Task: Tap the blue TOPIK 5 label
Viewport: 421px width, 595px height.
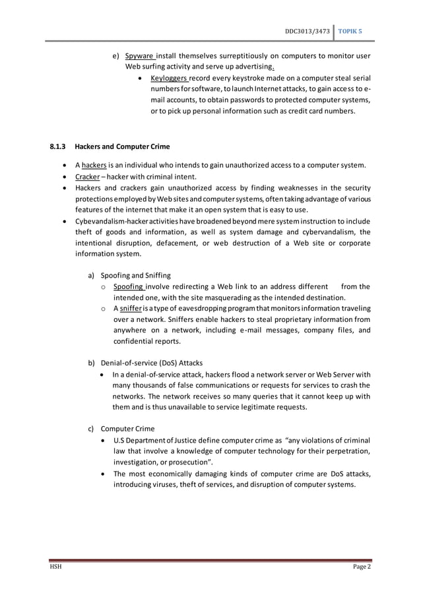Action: point(354,32)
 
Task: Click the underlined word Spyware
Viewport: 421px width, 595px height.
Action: point(140,56)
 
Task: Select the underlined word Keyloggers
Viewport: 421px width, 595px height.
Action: point(169,78)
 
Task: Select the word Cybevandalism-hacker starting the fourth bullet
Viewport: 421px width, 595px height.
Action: point(110,220)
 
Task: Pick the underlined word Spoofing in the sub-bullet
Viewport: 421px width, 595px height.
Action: point(129,286)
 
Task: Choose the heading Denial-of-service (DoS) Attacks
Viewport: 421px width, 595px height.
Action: point(151,363)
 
